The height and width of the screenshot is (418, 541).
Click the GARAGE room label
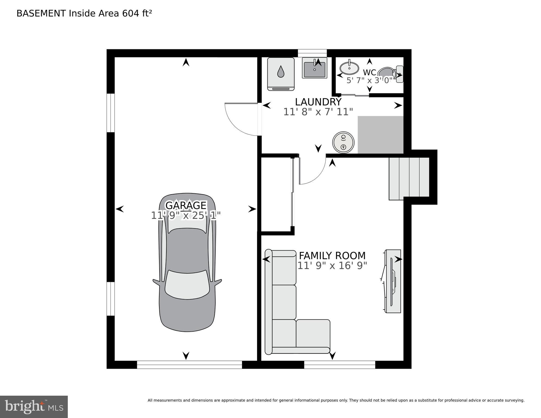[186, 205]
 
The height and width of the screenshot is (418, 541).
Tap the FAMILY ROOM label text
[332, 256]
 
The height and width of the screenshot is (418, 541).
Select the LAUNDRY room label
[318, 102]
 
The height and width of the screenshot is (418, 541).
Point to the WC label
[369, 72]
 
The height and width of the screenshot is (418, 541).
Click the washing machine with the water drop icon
[281, 74]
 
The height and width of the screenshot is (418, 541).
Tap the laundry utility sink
[314, 68]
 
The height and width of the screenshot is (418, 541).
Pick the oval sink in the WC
[349, 68]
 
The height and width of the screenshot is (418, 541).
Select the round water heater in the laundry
[343, 142]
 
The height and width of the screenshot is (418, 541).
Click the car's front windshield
[187, 285]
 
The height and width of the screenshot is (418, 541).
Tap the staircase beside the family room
[409, 178]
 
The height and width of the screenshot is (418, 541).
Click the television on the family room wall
[392, 281]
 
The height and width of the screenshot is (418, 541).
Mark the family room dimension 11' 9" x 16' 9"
[332, 266]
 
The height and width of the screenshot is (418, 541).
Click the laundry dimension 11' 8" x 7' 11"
[318, 112]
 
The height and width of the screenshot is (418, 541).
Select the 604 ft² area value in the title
[137, 13]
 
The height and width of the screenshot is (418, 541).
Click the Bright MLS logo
[34, 407]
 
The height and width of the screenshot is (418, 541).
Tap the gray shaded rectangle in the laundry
[380, 135]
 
